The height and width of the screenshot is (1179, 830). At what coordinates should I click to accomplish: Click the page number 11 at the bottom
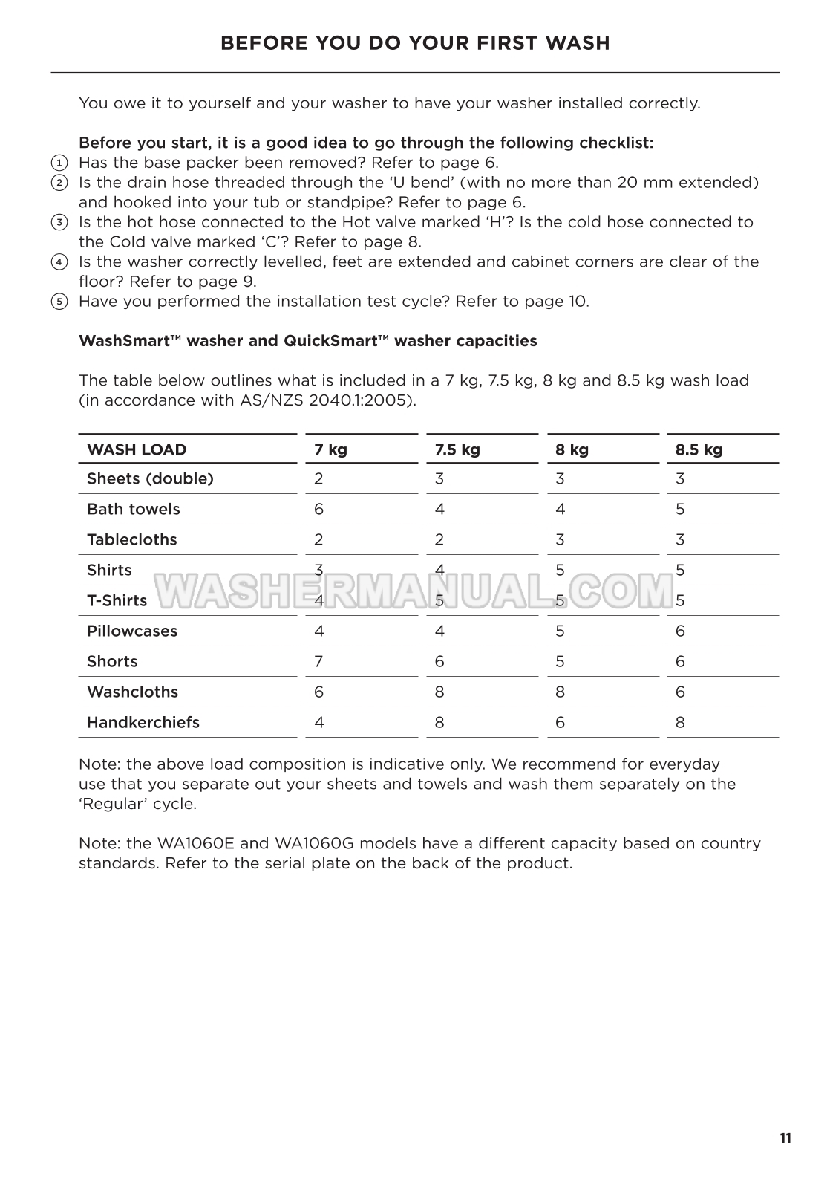tap(785, 1138)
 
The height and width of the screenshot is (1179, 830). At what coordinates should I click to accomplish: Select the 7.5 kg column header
tap(457, 449)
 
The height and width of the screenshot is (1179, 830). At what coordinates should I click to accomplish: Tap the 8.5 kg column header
tap(699, 449)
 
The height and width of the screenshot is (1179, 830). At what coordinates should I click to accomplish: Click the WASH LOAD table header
tap(137, 449)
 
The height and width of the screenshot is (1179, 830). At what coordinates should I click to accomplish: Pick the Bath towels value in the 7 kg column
tap(318, 509)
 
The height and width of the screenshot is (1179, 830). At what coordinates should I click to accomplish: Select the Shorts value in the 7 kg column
tap(318, 661)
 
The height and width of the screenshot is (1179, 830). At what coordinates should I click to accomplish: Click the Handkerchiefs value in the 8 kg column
tap(560, 722)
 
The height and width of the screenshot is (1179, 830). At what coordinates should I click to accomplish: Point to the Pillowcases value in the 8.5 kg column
tap(680, 631)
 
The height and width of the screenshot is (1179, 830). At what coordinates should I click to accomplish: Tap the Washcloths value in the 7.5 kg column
tap(439, 692)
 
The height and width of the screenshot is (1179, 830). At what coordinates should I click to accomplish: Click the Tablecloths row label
tap(132, 539)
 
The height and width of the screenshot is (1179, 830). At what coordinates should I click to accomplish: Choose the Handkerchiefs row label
tap(143, 722)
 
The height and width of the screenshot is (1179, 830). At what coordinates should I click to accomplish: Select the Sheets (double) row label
tap(150, 478)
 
